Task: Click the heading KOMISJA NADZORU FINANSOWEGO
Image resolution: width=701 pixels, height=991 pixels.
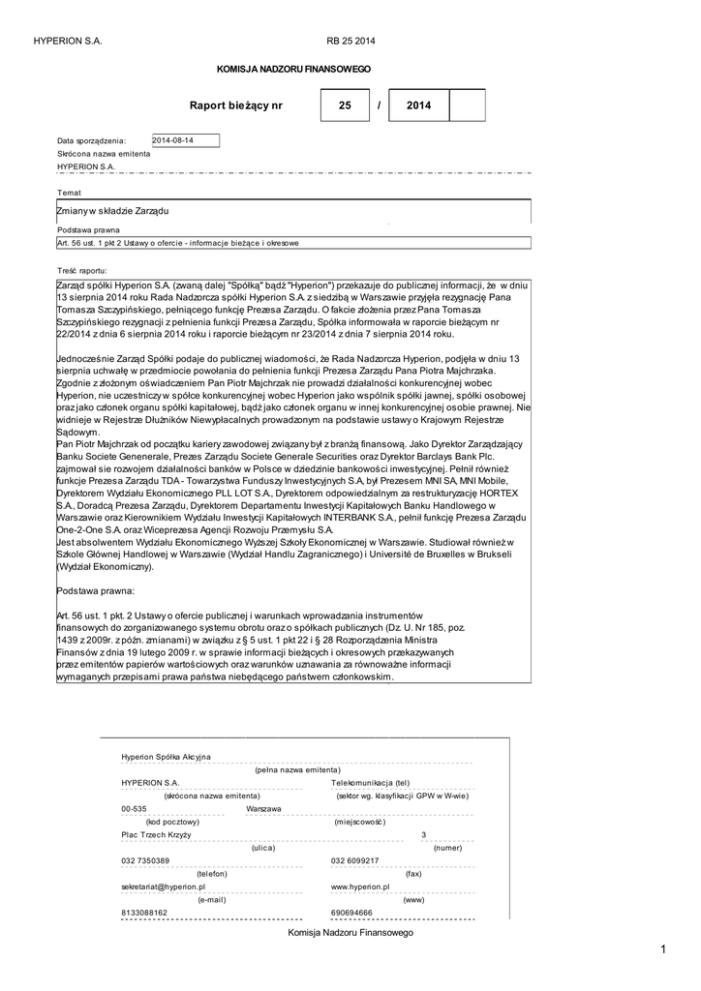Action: (292, 70)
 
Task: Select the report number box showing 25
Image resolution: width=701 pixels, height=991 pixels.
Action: (346, 105)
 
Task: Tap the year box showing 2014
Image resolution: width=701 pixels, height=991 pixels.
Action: (418, 105)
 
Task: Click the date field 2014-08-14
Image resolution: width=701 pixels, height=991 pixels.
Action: (186, 140)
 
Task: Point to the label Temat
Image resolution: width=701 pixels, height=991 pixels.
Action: (69, 193)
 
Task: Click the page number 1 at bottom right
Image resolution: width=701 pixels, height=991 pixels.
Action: (664, 949)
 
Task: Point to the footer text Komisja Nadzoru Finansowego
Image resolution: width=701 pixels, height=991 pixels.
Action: (350, 932)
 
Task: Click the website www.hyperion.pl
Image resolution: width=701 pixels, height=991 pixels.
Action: (359, 886)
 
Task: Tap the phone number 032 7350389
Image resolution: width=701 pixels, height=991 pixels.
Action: (145, 860)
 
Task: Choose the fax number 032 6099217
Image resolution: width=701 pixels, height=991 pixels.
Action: (354, 860)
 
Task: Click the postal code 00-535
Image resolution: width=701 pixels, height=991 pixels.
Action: (134, 808)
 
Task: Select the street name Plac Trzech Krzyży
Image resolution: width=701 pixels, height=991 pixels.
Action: (156, 834)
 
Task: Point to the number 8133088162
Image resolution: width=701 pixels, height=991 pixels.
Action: (144, 912)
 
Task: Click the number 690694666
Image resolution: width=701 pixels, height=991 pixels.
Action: (351, 912)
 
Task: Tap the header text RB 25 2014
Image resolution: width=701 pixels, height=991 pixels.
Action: (350, 41)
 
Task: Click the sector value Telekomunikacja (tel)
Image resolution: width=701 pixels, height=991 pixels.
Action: (371, 782)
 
